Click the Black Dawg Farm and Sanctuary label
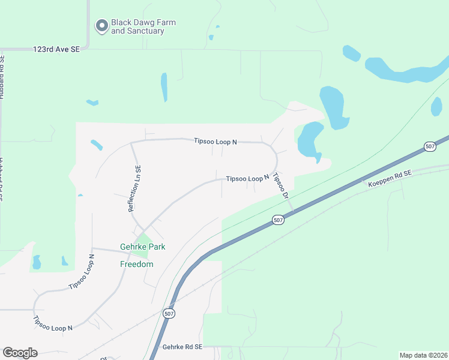coord(143,26)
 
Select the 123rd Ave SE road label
coord(56,50)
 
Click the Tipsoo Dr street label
coord(280,185)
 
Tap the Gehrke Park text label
coord(142,247)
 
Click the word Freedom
coord(137,264)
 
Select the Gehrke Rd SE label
coord(182,347)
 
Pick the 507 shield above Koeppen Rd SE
coord(429,146)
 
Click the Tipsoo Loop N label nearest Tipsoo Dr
coord(247,179)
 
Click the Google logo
coord(20,352)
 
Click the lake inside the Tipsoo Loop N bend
coord(310,140)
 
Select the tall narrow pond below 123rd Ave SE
coord(164,87)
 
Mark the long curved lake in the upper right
coord(408,70)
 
